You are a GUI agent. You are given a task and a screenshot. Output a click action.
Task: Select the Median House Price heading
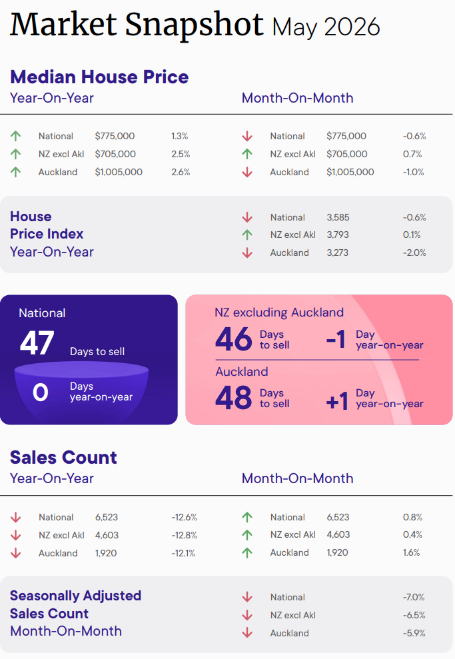[x=99, y=77]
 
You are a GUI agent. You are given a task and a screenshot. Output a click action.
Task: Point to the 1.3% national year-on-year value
[x=179, y=136]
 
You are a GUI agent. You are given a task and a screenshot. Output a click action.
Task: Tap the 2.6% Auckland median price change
[x=181, y=172]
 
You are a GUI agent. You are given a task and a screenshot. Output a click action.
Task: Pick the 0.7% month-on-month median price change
[x=412, y=154]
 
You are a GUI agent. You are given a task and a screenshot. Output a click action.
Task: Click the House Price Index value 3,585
[x=338, y=217]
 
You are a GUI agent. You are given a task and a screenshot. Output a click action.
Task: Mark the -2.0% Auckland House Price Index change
[x=414, y=253]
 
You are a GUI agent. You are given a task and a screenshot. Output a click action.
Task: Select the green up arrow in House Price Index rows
[x=247, y=235]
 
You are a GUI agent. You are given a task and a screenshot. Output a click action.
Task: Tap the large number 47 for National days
[x=37, y=343]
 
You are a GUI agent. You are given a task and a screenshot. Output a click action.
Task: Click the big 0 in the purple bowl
[x=41, y=392]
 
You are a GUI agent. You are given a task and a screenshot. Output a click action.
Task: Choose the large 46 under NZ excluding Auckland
[x=234, y=339]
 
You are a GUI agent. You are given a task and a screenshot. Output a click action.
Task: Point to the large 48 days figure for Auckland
[x=234, y=398]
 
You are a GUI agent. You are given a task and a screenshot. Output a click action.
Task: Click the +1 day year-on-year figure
[x=337, y=401]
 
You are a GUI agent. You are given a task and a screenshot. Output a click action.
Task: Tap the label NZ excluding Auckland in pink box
[x=279, y=313]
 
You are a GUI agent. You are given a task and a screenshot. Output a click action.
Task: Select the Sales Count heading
[x=63, y=457]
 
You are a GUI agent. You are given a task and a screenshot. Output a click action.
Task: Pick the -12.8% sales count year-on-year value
[x=184, y=535]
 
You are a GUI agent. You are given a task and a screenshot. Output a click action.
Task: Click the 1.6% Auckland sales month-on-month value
[x=411, y=552]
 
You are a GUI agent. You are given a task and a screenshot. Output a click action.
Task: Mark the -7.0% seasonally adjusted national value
[x=414, y=597]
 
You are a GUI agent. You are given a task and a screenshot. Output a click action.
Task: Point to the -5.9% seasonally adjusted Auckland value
[x=414, y=633]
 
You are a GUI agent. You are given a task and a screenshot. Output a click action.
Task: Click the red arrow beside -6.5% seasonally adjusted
[x=247, y=615]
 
